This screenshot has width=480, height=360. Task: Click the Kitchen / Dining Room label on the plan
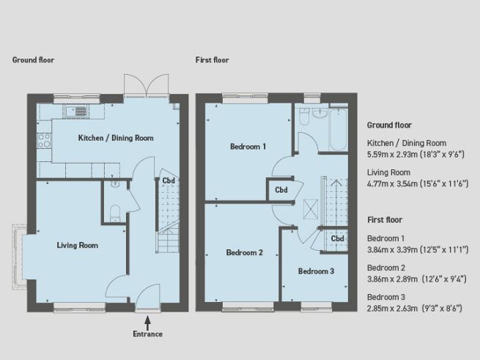coord(116,137)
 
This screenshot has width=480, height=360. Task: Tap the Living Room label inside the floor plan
coord(77,246)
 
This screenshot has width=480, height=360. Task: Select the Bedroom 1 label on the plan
coord(248,147)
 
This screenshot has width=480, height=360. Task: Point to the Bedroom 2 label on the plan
coord(244,253)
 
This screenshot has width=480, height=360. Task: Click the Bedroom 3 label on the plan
coord(316,271)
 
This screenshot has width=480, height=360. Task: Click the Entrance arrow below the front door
coord(148,320)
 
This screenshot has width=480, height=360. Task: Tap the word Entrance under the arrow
coord(148,334)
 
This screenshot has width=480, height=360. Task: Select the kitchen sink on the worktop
coord(75,112)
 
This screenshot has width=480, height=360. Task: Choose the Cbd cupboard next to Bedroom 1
coord(281,189)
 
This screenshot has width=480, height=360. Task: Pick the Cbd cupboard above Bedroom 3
coord(337,239)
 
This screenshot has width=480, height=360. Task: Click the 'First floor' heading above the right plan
coord(213,60)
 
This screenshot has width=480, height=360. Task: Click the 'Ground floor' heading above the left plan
coord(33,60)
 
